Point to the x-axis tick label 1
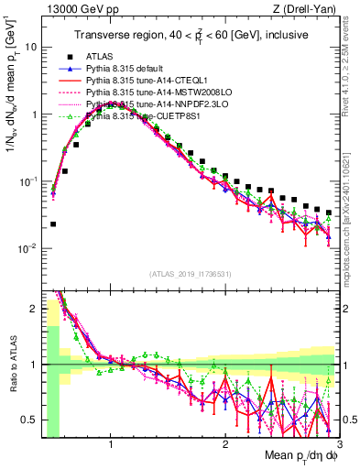(x=111, y=444)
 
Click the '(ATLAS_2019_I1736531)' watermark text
(x=191, y=274)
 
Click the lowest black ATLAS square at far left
(x=53, y=224)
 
